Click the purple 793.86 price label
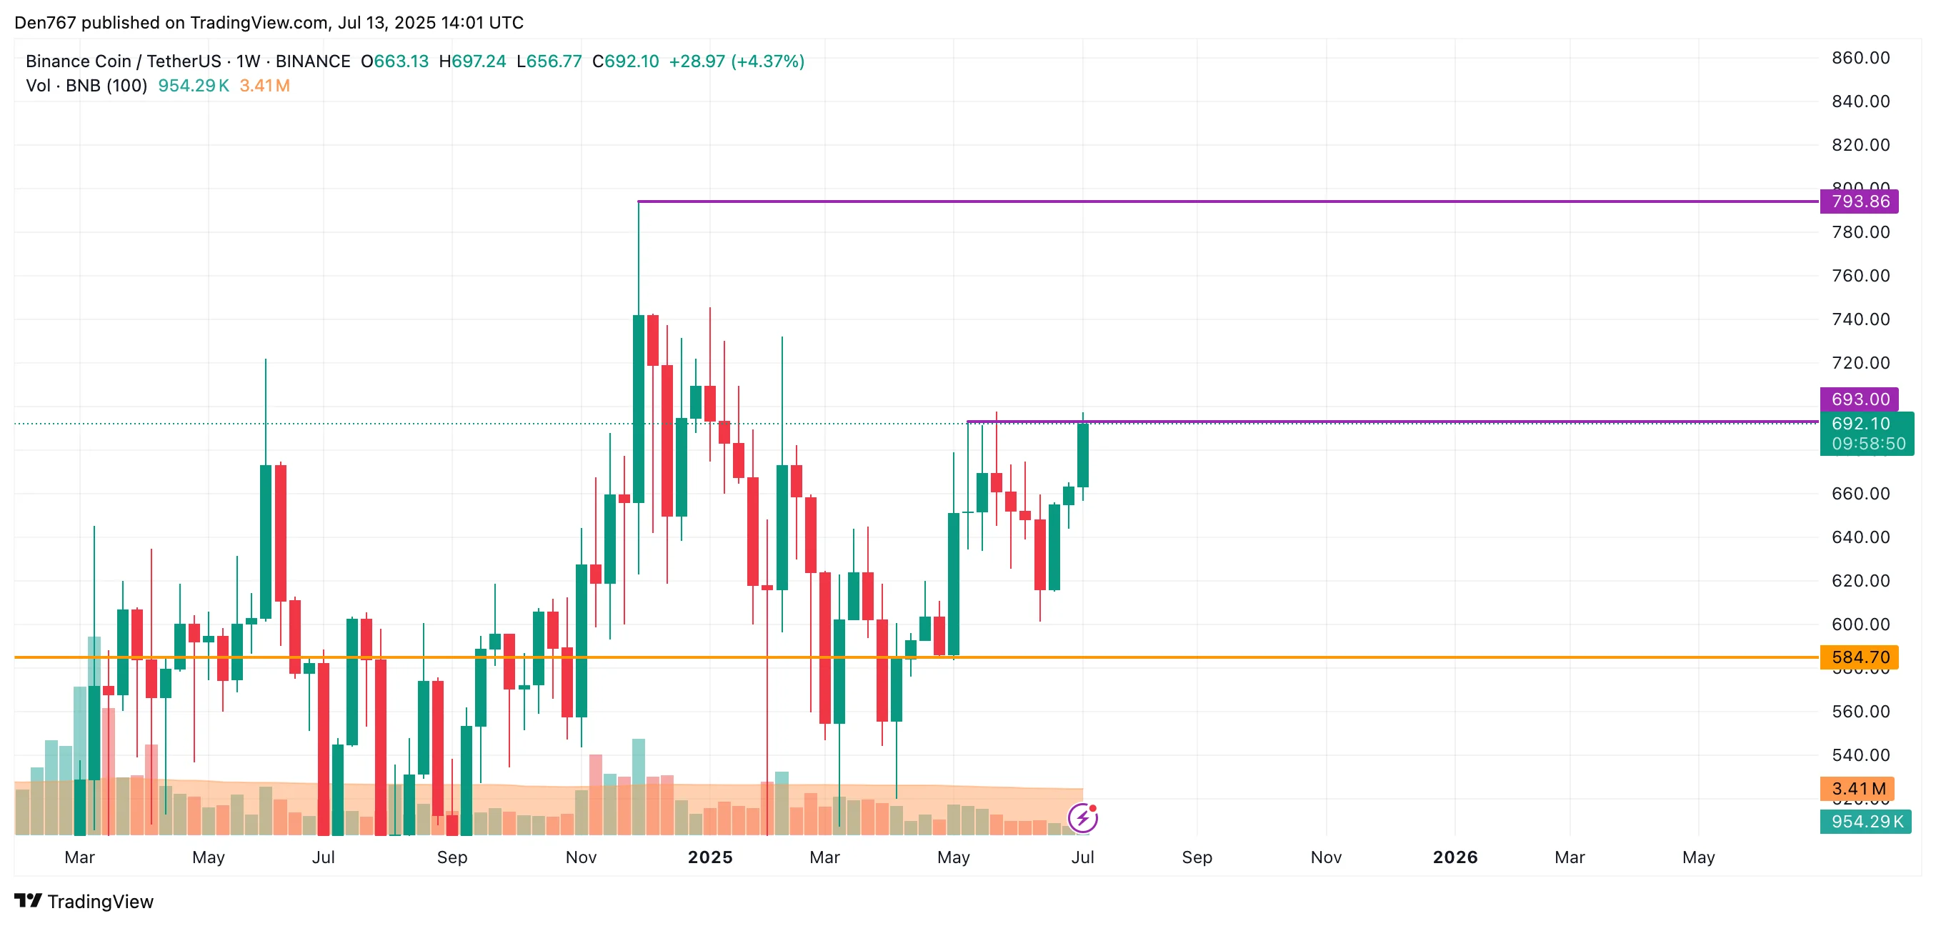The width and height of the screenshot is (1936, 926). click(x=1859, y=201)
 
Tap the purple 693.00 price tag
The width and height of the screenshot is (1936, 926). click(x=1859, y=399)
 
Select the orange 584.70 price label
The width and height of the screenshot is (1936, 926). click(x=1859, y=657)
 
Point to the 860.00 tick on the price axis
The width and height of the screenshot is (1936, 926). click(x=1860, y=58)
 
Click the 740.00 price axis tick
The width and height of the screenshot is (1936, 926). click(x=1860, y=319)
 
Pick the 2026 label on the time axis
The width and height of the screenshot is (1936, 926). click(x=1455, y=857)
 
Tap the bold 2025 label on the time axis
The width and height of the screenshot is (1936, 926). click(x=709, y=857)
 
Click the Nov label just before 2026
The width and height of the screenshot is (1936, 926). click(x=1326, y=857)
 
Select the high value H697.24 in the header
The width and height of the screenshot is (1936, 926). click(x=472, y=61)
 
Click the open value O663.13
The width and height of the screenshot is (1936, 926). click(x=394, y=61)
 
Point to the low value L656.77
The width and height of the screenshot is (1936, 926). click(x=549, y=61)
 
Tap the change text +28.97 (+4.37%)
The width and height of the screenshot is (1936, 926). click(x=736, y=61)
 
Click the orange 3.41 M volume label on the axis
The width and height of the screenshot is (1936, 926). click(x=1857, y=788)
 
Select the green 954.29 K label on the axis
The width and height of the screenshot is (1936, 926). click(x=1865, y=822)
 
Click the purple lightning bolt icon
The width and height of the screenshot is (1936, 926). click(x=1082, y=818)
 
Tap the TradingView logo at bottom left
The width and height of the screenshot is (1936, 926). click(x=84, y=901)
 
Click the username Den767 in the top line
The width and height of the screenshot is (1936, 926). click(x=45, y=23)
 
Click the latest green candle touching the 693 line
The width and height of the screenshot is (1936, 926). click(x=1082, y=455)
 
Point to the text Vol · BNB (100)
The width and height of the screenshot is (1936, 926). click(x=86, y=86)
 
